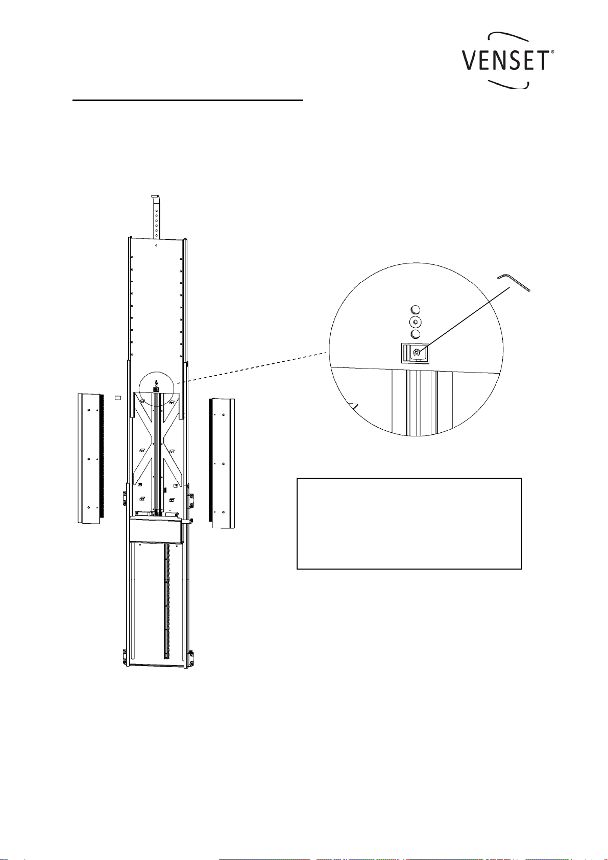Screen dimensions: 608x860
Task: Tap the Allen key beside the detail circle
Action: coord(514,282)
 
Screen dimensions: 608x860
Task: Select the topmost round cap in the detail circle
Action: coord(415,309)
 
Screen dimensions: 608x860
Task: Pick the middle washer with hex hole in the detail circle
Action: coord(415,322)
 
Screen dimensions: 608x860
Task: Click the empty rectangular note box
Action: coord(409,523)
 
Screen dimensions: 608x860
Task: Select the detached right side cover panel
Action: coord(222,463)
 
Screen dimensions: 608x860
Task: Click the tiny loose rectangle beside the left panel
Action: coord(118,398)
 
